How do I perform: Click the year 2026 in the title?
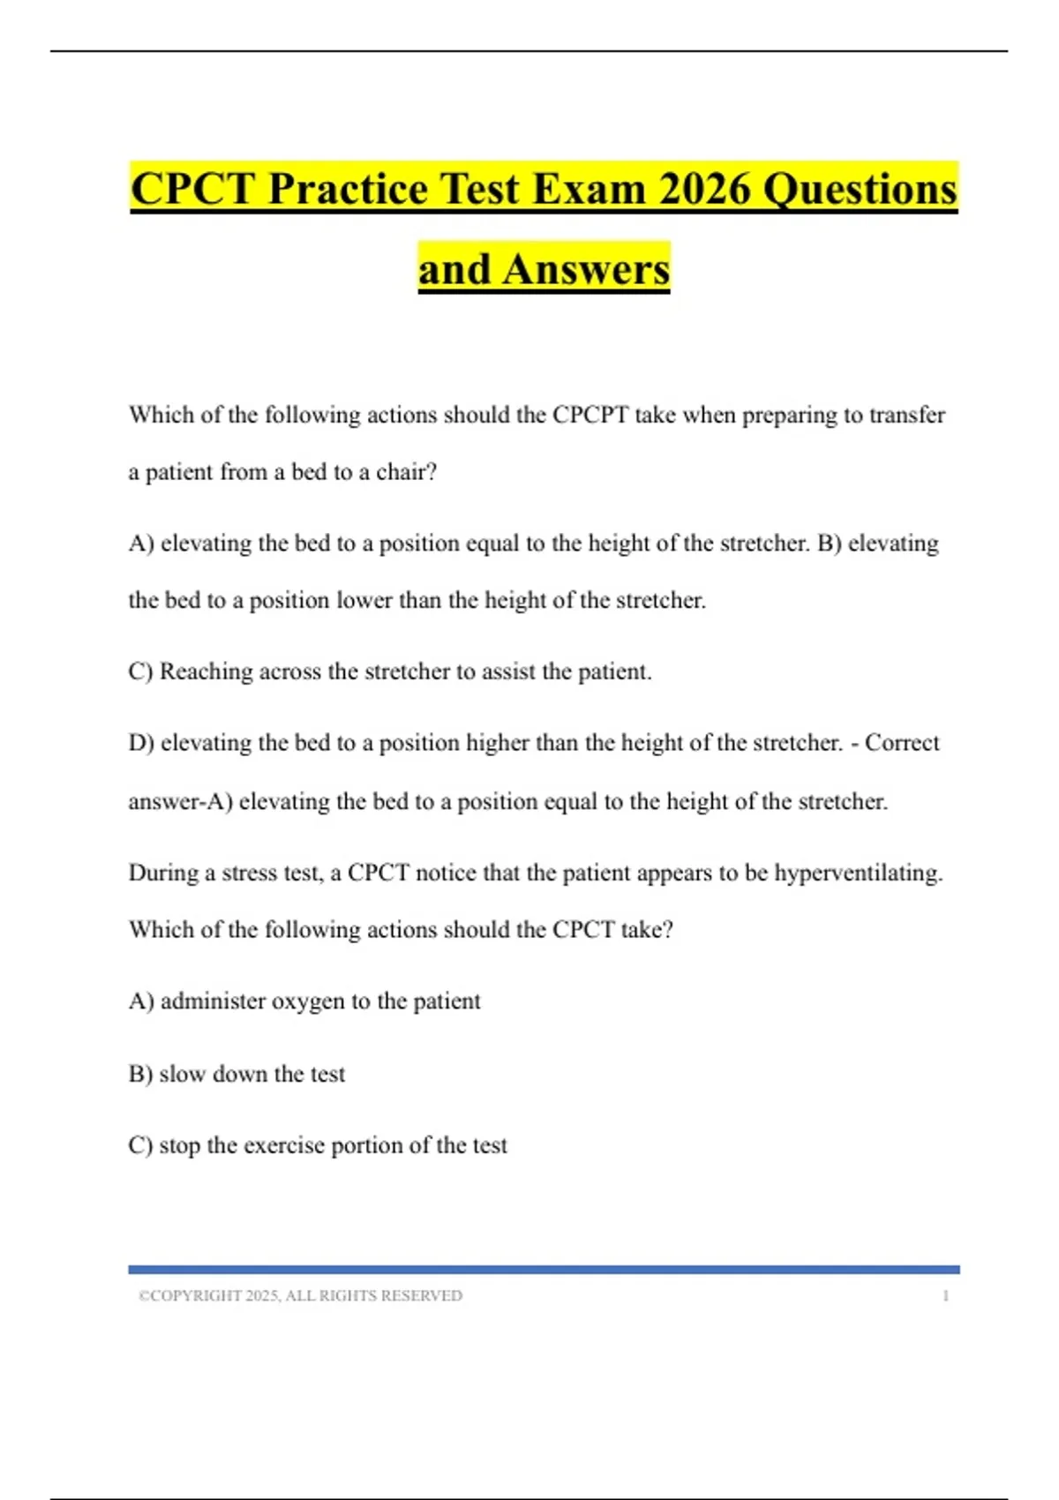coord(705,189)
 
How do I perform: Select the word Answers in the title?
coord(586,269)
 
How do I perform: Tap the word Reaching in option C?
coord(206,671)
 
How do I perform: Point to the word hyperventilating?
coord(858,874)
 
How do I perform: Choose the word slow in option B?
coord(182,1074)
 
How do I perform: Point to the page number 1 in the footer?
coord(946,1295)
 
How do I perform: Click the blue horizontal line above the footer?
coord(544,1269)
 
